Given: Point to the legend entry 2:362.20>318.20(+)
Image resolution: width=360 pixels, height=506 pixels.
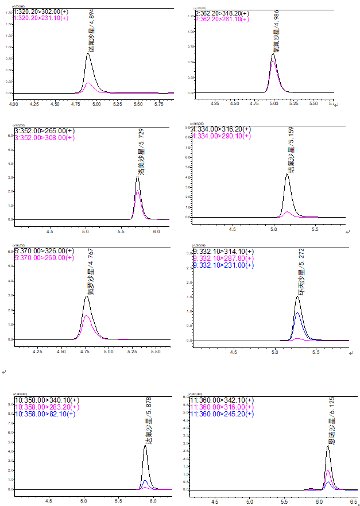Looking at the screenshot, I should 222,13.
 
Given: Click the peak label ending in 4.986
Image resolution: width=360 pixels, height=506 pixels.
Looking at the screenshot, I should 277,30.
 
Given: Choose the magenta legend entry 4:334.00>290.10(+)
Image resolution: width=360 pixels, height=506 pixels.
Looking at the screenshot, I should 221,136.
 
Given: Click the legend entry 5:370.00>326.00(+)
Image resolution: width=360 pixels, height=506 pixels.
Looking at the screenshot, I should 44,251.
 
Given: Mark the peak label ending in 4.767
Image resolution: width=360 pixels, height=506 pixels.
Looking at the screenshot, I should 90,271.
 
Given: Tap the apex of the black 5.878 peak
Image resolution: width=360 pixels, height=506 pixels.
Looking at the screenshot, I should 145,446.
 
